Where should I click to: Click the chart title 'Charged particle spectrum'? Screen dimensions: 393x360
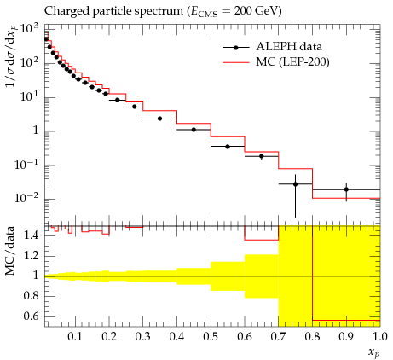coord(113,11)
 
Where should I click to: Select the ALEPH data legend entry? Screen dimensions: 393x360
coord(272,47)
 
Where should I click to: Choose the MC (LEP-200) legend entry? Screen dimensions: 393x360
coord(275,61)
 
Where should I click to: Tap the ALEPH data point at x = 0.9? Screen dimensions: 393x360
coord(346,189)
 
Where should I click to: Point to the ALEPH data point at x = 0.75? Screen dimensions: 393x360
coord(295,184)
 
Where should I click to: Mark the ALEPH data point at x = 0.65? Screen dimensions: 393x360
coord(262,156)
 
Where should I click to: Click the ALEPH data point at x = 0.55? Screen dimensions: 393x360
coord(228,147)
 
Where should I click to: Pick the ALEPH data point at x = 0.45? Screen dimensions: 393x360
coord(194,130)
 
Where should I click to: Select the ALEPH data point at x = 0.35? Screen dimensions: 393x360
coord(159,119)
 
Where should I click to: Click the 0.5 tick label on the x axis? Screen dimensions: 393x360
coord(211,337)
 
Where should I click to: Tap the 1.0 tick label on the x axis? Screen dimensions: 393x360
coord(380,337)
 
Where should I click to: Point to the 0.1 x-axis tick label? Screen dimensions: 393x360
coord(75,337)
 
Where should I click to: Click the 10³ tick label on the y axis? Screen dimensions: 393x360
coord(29,29)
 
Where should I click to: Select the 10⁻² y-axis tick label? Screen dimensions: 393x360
coord(26,198)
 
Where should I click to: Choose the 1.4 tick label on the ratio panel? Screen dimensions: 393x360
coord(31,235)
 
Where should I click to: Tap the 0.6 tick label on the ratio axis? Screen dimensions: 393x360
coord(31,316)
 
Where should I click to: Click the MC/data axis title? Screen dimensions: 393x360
coord(10,251)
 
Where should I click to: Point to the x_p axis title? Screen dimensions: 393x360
coord(374,352)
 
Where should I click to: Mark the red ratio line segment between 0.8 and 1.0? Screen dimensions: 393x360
coord(346,320)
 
